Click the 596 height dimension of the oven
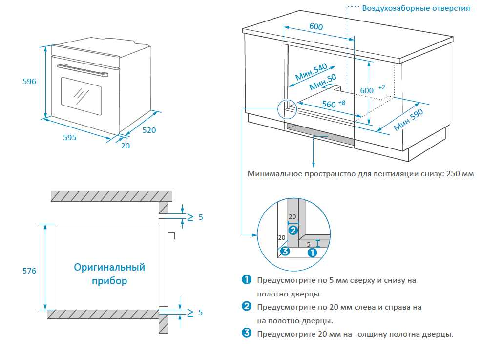coord(29,82)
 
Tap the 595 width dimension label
coord(70,138)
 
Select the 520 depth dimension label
coord(149,130)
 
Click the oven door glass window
coord(81,95)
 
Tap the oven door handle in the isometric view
coord(83,70)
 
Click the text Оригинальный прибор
coord(109,274)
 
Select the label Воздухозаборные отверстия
coord(416,8)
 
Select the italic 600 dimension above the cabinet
coord(316,27)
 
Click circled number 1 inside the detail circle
coord(313,252)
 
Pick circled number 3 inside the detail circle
coord(286,252)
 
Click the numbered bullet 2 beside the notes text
coord(247,307)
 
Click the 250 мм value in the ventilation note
coord(461,173)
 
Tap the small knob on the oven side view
coord(171,235)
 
